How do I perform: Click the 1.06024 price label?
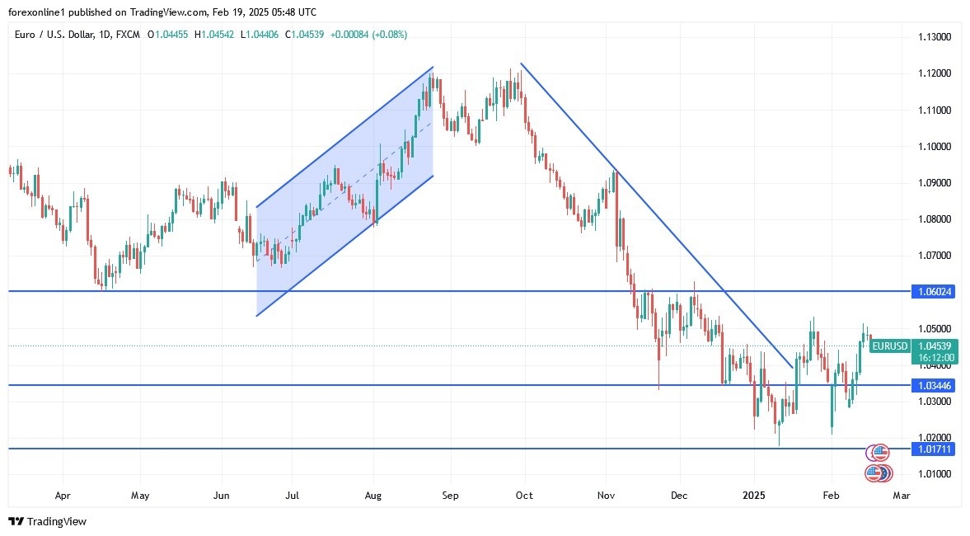(x=934, y=292)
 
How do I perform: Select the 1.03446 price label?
(x=934, y=385)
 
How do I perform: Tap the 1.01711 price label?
(x=934, y=449)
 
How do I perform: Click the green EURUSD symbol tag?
(x=890, y=346)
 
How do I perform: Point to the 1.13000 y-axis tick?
(x=935, y=37)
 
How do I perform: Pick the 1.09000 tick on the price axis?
(x=935, y=182)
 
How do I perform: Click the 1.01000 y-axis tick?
(x=935, y=473)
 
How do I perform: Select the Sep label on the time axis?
(x=450, y=496)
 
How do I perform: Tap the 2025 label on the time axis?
(x=754, y=496)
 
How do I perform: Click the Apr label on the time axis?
(x=62, y=496)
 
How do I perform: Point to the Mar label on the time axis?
(x=902, y=496)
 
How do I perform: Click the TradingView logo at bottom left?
(x=47, y=521)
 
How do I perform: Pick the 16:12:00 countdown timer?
(x=934, y=358)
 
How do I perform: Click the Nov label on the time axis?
(x=607, y=496)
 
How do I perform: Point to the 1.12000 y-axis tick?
(x=935, y=73)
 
